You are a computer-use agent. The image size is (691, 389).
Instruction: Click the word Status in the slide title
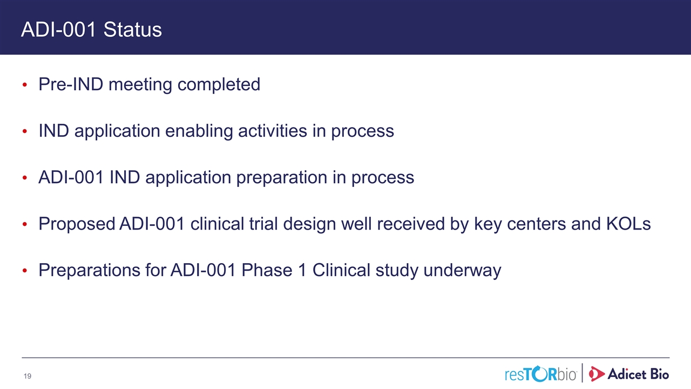[132, 30]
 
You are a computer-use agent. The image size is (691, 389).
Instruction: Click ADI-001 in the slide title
[59, 30]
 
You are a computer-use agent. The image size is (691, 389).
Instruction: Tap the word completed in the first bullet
[219, 85]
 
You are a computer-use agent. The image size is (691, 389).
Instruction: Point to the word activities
[273, 131]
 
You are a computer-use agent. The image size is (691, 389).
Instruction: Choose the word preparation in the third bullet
[282, 178]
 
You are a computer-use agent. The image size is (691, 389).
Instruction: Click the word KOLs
[628, 224]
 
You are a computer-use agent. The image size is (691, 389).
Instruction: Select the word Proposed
[77, 224]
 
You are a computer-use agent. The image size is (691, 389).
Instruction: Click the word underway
[462, 271]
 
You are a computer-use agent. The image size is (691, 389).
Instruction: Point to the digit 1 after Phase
[302, 270]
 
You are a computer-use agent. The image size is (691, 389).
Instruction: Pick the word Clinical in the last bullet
[341, 270]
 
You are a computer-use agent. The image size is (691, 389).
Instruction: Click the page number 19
[28, 376]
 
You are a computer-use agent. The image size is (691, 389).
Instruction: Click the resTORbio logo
[541, 374]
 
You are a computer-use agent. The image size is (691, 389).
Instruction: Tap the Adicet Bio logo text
[638, 374]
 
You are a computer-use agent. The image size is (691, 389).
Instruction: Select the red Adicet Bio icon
[597, 374]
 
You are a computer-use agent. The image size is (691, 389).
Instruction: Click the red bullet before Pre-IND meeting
[25, 85]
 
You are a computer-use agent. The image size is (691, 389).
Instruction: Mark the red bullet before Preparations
[25, 271]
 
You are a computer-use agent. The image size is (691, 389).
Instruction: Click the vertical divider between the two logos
[582, 373]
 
